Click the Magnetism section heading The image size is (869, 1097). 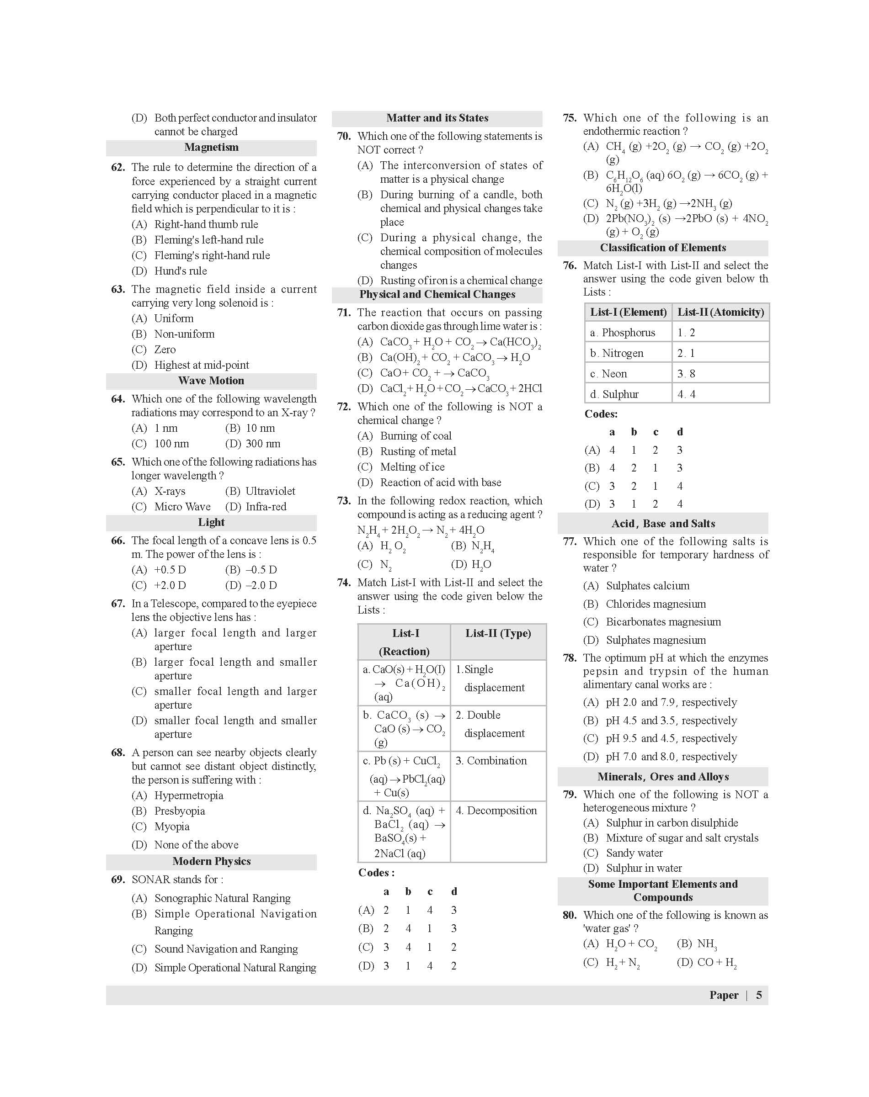click(211, 148)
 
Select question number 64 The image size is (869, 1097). click(118, 399)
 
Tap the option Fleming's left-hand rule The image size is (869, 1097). click(208, 240)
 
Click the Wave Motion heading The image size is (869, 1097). click(211, 381)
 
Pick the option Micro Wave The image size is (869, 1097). click(182, 507)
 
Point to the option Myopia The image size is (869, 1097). click(171, 827)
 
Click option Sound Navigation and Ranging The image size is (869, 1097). click(226, 949)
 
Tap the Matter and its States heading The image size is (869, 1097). click(437, 118)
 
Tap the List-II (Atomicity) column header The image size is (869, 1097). click(720, 312)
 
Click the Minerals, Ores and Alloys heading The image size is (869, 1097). click(663, 777)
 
